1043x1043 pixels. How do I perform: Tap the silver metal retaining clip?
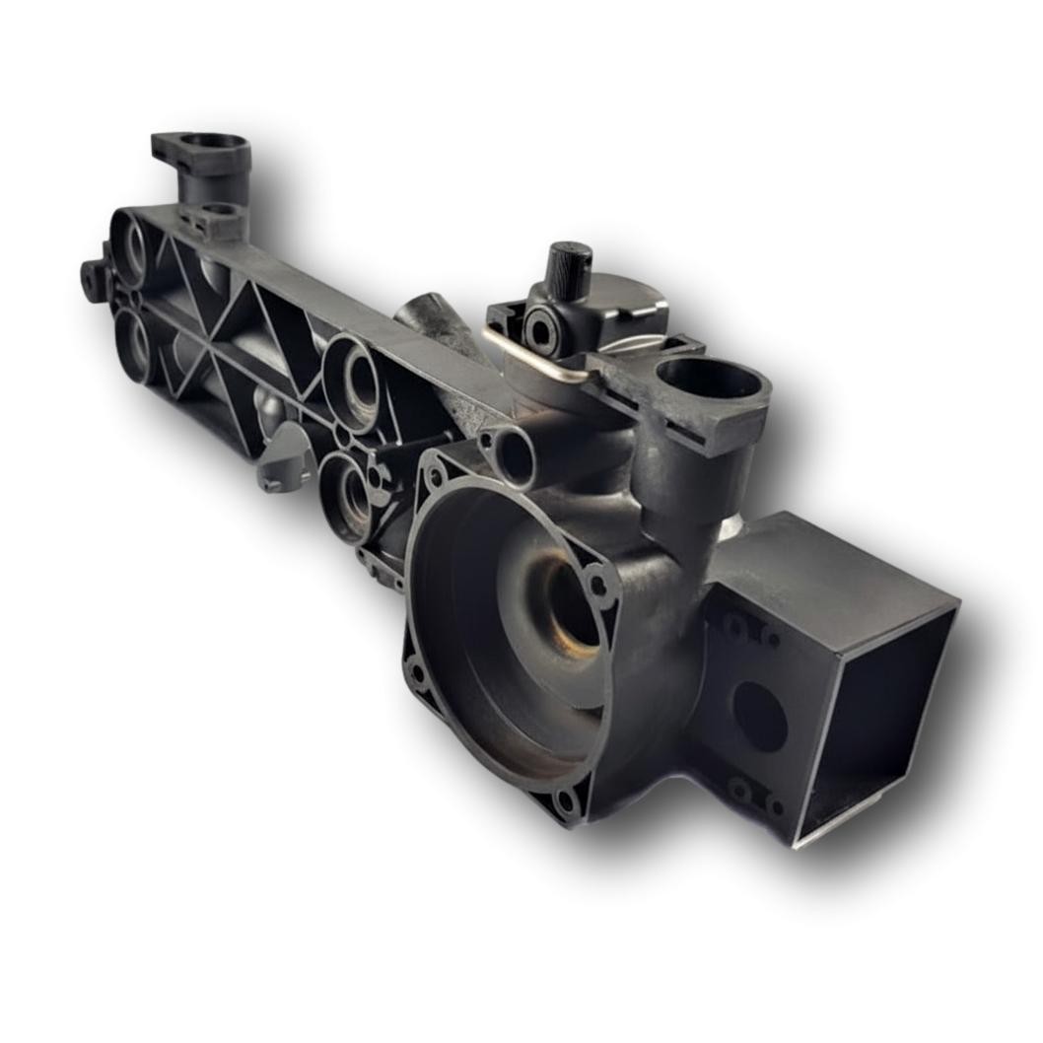[x=537, y=354]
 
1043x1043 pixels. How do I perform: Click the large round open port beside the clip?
[x=707, y=379]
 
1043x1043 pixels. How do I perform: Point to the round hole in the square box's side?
[x=761, y=716]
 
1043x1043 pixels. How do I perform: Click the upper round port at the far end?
[x=131, y=247]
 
